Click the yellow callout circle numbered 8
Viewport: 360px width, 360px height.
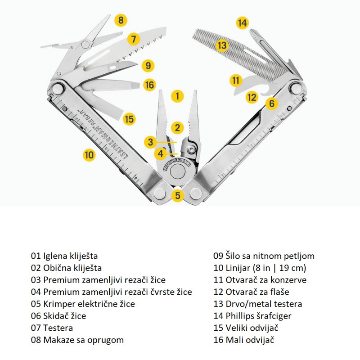[121, 20]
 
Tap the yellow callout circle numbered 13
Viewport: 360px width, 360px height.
[221, 45]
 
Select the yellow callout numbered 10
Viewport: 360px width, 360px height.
[89, 155]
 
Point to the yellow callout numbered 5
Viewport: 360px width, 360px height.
[178, 195]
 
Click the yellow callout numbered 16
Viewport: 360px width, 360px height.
[149, 84]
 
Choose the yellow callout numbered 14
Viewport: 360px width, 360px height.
[243, 23]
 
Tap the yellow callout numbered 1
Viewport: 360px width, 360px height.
[178, 95]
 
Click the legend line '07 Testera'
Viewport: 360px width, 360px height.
[52, 328]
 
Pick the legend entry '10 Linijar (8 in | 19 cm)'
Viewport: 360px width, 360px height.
[260, 268]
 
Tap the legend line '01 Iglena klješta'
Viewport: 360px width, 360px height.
[64, 256]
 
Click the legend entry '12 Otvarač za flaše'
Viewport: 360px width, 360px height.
[251, 292]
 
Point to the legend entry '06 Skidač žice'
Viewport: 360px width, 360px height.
[58, 316]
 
